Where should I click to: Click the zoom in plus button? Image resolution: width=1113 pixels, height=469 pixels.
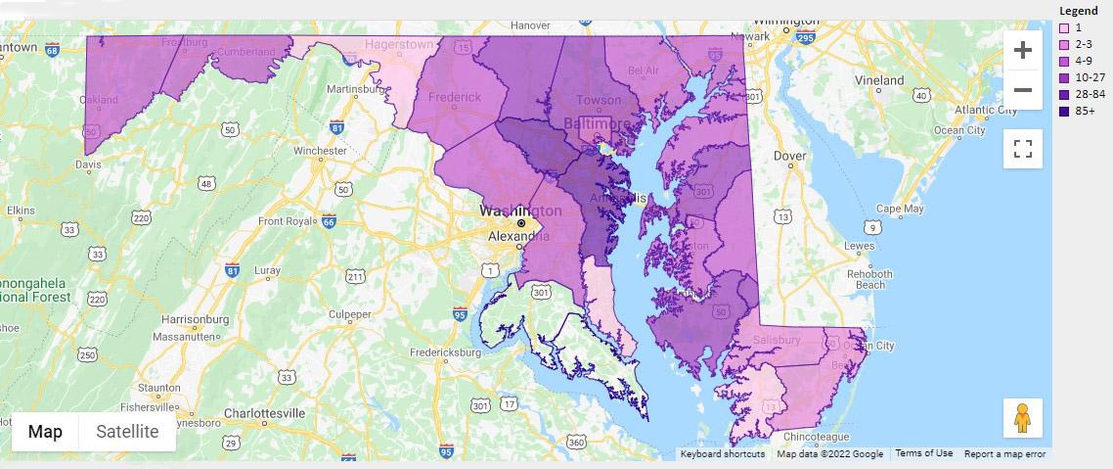pyautogui.click(x=1022, y=50)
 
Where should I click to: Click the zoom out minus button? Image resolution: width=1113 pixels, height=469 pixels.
pyautogui.click(x=1022, y=90)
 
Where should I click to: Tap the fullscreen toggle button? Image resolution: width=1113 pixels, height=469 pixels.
pyautogui.click(x=1022, y=149)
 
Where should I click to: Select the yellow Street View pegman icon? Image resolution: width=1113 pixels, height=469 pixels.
pyautogui.click(x=1022, y=418)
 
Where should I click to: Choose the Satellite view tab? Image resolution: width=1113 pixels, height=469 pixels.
pyautogui.click(x=127, y=432)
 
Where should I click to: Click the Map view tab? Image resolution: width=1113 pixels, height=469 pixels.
pyautogui.click(x=45, y=432)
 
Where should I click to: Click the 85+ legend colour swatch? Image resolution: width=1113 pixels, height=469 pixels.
pyautogui.click(x=1065, y=112)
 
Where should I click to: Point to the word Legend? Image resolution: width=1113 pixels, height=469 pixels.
pyautogui.click(x=1079, y=11)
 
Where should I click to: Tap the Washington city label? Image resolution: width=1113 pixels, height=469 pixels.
pyautogui.click(x=520, y=211)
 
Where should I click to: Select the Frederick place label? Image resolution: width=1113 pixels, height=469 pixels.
pyautogui.click(x=455, y=97)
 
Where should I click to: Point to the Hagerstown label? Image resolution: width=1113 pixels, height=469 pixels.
pyautogui.click(x=398, y=44)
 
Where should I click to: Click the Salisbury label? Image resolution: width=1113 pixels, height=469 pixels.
pyautogui.click(x=777, y=340)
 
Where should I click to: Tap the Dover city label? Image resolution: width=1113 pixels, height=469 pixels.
pyautogui.click(x=790, y=156)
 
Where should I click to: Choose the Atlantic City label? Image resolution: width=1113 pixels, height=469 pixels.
pyautogui.click(x=958, y=110)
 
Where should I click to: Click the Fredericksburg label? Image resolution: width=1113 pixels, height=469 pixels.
pyautogui.click(x=445, y=352)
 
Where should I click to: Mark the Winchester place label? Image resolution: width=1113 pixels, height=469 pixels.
pyautogui.click(x=320, y=151)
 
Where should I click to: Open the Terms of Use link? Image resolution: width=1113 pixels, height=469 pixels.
pyautogui.click(x=923, y=453)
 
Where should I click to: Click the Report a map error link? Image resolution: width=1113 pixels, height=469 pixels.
pyautogui.click(x=1004, y=453)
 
